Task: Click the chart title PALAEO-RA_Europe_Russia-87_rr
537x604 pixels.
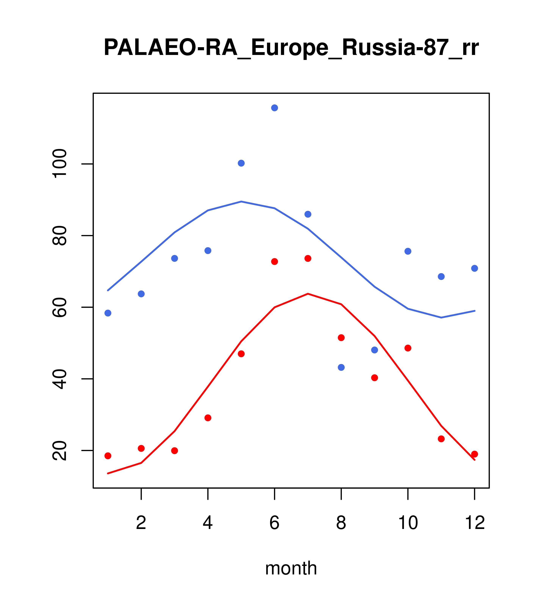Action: coord(291,48)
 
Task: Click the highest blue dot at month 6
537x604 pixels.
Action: coord(275,108)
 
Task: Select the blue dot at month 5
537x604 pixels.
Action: coord(241,163)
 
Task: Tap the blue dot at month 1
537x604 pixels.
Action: coord(108,313)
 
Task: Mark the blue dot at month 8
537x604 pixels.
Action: coord(341,367)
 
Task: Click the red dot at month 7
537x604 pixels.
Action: coord(308,258)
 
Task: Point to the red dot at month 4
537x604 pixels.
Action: coord(208,418)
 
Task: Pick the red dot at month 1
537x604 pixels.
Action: coord(108,456)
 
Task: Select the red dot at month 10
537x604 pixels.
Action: coord(408,348)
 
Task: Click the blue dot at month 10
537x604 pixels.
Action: coord(408,251)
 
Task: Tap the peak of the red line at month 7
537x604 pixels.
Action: coord(308,294)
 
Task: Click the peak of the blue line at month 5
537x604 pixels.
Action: coord(241,202)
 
